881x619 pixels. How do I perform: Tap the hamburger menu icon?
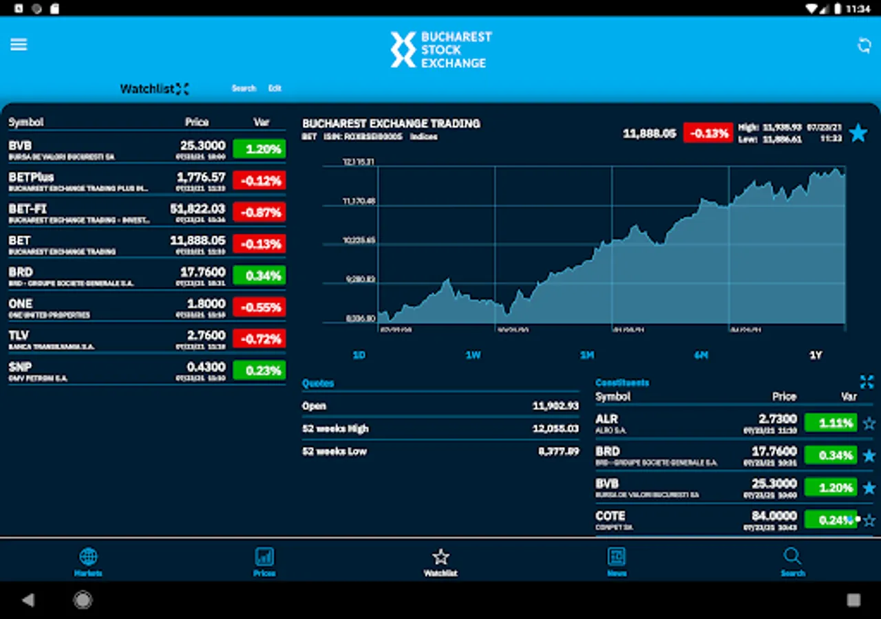coord(19,45)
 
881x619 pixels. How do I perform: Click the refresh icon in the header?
coord(864,45)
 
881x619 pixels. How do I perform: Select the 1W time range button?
coord(473,355)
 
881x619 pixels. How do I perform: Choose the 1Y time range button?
coord(816,355)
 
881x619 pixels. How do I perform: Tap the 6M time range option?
coord(701,355)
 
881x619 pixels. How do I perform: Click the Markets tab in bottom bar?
coord(88,561)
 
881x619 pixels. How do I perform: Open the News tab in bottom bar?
coord(617,561)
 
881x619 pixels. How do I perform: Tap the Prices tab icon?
coord(264,561)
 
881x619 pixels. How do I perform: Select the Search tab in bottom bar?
coord(792,561)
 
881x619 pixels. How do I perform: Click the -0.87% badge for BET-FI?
coord(259,213)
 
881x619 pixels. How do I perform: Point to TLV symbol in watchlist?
coord(19,336)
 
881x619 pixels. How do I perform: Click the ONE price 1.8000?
coord(206,304)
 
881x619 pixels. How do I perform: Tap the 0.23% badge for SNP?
coord(259,371)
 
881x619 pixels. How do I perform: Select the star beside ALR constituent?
coord(869,424)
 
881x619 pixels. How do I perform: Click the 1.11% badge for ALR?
coord(830,423)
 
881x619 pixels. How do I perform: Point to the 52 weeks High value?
coord(555,428)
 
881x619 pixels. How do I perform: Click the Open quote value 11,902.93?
coord(555,406)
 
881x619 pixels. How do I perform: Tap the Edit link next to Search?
coord(275,88)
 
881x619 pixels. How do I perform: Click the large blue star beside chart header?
coord(858,133)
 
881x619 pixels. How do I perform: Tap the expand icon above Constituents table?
coord(867,382)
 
